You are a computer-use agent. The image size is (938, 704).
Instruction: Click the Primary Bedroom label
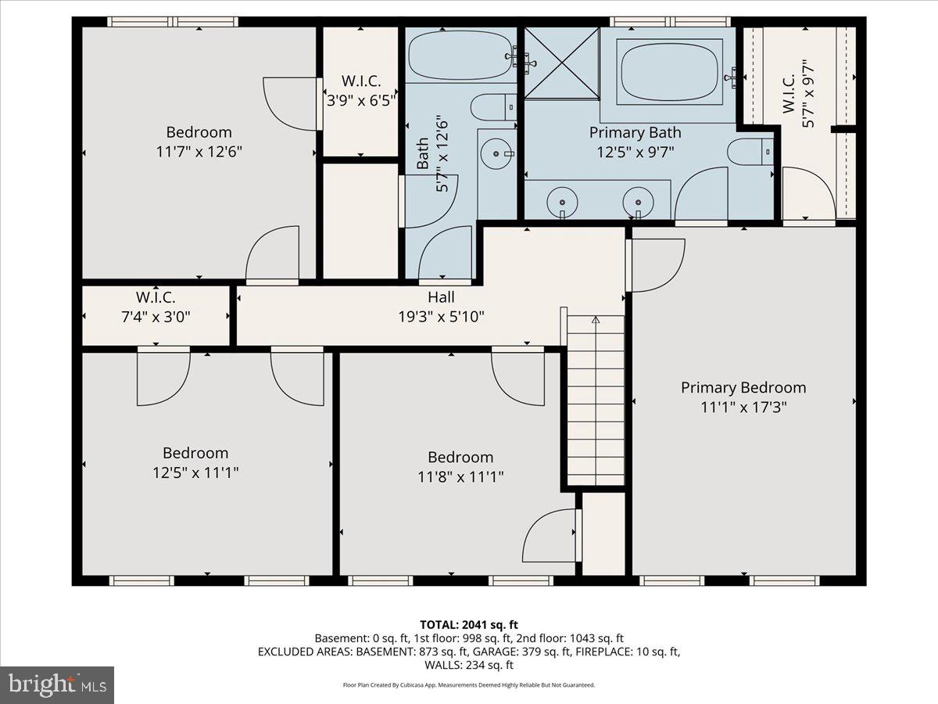[743, 388]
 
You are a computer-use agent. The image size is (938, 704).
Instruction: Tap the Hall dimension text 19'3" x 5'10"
[441, 317]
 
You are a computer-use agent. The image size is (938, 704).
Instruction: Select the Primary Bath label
[635, 133]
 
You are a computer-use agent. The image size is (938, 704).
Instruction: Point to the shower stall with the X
[561, 63]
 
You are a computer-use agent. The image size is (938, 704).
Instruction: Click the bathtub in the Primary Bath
[671, 70]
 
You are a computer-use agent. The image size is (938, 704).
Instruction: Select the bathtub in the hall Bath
[460, 55]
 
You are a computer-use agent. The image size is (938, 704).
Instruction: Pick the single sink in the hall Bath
[494, 153]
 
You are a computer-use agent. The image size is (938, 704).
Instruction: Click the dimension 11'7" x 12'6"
[199, 152]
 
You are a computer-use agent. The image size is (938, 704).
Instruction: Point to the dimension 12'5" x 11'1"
[195, 472]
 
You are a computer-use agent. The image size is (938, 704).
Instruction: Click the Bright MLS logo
[57, 685]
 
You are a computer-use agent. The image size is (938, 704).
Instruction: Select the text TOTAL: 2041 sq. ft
[468, 624]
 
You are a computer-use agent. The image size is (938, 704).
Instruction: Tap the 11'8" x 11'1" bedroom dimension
[460, 477]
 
